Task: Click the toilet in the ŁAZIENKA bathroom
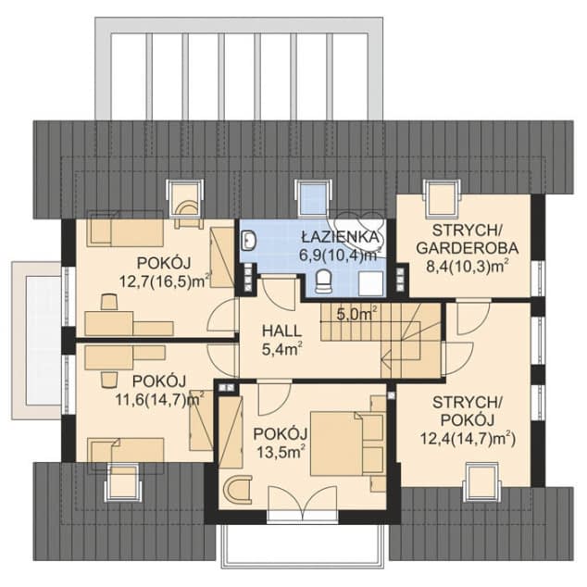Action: pyautogui.click(x=324, y=281)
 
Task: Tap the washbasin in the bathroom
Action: pyautogui.click(x=248, y=240)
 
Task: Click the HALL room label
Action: pyautogui.click(x=281, y=331)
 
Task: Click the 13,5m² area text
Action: pyautogui.click(x=280, y=452)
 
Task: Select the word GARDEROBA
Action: pyautogui.click(x=468, y=248)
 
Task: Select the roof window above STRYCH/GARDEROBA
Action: pyautogui.click(x=442, y=198)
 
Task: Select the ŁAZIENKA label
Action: pyautogui.click(x=341, y=237)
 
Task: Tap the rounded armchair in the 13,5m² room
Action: pyautogui.click(x=237, y=488)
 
